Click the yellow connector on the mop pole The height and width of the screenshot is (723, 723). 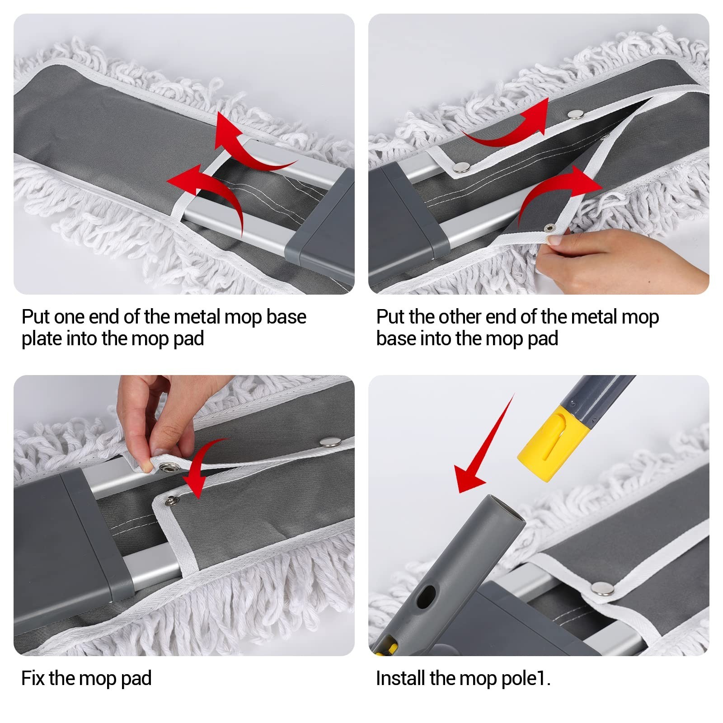(553, 442)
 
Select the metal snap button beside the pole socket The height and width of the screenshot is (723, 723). (601, 588)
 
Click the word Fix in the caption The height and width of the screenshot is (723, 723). (33, 678)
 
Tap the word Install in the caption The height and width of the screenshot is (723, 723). (401, 678)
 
